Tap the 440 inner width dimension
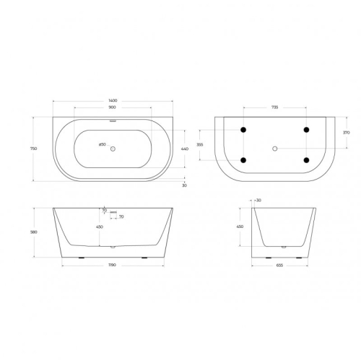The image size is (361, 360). click(x=184, y=148)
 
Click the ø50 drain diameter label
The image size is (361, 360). click(x=102, y=145)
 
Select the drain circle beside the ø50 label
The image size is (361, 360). click(x=113, y=145)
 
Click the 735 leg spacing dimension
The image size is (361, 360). click(x=275, y=106)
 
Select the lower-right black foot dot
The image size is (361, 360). click(x=307, y=159)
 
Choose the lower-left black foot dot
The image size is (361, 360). click(x=243, y=159)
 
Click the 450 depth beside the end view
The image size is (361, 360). click(x=240, y=226)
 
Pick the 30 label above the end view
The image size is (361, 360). click(x=258, y=200)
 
